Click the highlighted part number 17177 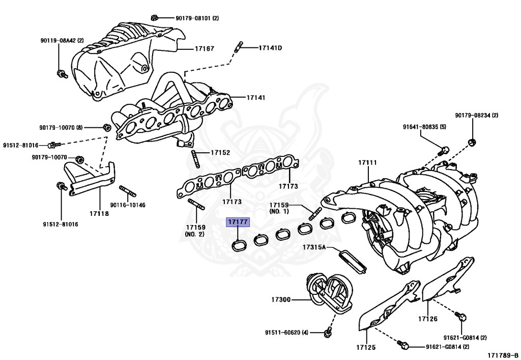[238, 222]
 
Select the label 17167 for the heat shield [204, 49]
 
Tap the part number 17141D [270, 48]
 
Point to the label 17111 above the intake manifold [367, 162]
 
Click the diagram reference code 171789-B [502, 354]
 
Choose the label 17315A [315, 247]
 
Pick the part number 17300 [280, 299]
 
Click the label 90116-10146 [128, 205]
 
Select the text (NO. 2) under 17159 [194, 234]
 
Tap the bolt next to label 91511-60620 [327, 333]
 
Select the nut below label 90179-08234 [472, 141]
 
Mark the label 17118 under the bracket [99, 213]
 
